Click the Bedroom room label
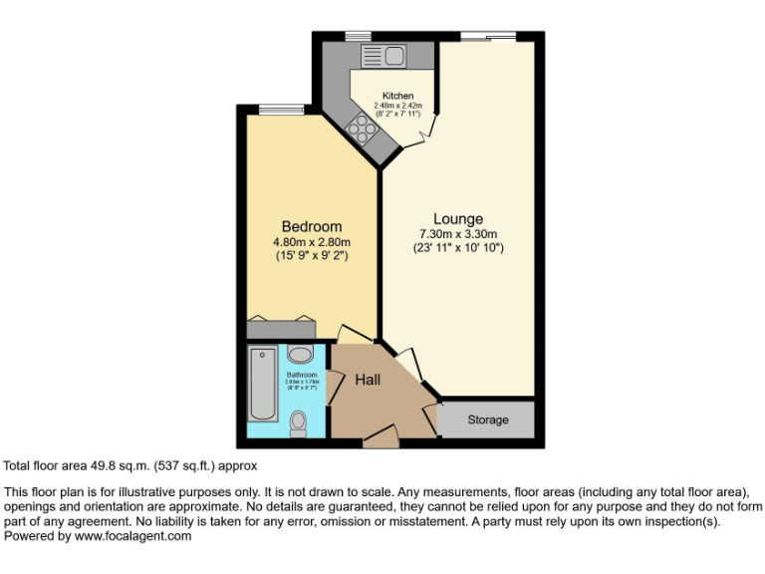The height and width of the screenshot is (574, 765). (311, 226)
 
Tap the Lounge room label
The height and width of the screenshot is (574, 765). (458, 219)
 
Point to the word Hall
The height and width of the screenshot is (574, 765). (369, 379)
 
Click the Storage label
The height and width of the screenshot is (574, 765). (488, 420)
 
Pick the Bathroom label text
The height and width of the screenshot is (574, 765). (301, 375)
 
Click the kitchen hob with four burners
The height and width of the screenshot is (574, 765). (361, 127)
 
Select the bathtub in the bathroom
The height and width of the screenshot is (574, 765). (263, 384)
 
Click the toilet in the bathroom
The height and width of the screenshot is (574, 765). (298, 425)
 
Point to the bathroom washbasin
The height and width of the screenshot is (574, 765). (300, 354)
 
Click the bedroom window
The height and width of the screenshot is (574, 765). (275, 109)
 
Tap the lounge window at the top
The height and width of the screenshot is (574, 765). (488, 37)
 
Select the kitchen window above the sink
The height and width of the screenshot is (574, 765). (359, 37)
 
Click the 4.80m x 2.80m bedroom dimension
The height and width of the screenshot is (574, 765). (312, 241)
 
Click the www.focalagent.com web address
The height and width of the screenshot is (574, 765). (132, 535)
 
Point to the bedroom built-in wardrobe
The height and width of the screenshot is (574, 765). (282, 328)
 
